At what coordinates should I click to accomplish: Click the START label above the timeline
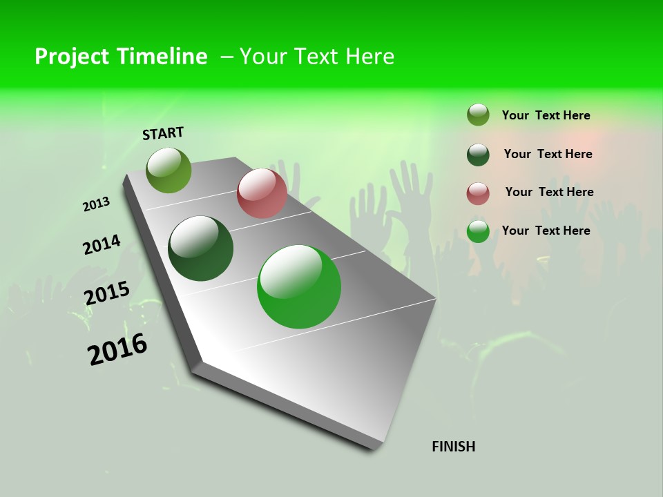point(163,133)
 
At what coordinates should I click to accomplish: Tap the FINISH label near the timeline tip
point(453,447)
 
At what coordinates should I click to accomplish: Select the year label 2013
point(97,204)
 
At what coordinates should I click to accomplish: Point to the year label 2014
point(102,245)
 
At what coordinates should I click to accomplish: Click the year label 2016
point(117,349)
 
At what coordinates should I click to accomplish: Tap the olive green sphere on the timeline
point(169,170)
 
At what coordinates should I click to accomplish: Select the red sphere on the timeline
point(262,193)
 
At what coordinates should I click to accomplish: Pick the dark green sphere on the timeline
point(201,248)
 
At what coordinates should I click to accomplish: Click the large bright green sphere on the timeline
point(299,286)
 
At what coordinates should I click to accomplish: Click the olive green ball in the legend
point(478,115)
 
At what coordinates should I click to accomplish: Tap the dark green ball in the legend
point(478,155)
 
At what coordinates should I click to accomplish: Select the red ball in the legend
point(478,193)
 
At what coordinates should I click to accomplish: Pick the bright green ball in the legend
point(478,231)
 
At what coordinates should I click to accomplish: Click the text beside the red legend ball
point(549,192)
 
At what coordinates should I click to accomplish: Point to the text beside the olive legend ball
point(546,115)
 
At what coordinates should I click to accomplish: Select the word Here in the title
point(369,57)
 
